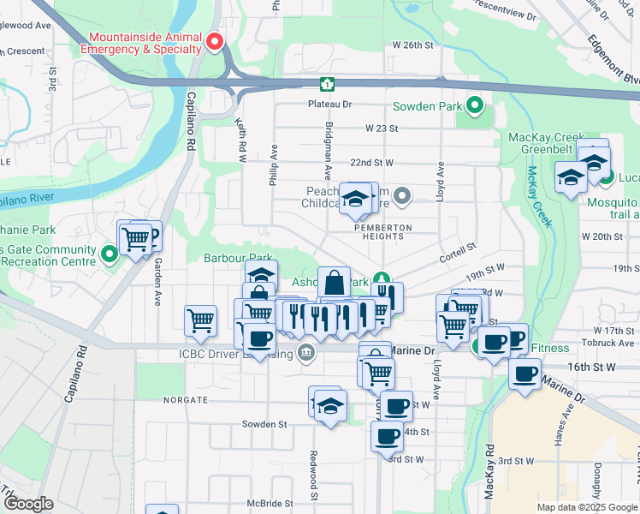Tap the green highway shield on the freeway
(x=327, y=84)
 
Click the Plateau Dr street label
(x=330, y=105)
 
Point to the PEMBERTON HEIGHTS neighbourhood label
(x=383, y=233)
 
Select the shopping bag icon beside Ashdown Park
(x=334, y=282)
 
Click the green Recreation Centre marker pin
(x=110, y=254)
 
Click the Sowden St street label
(x=264, y=424)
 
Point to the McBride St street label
(x=270, y=504)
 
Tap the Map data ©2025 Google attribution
(x=587, y=507)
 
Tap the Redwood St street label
(x=314, y=476)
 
